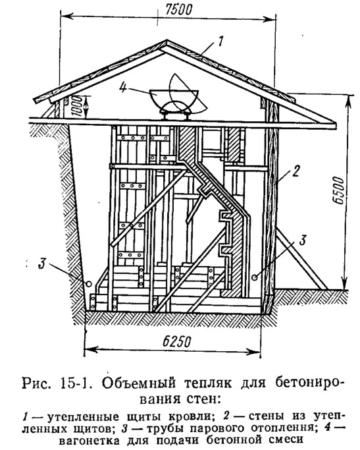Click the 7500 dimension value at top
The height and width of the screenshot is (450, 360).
[179, 9]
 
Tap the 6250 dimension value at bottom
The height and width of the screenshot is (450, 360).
[177, 341]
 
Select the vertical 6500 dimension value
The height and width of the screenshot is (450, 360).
[339, 190]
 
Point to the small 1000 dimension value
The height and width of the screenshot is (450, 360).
[77, 107]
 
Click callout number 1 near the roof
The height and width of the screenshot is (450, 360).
[220, 41]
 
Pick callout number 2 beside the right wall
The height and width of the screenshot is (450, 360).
[296, 171]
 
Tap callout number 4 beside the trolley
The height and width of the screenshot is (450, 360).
[122, 88]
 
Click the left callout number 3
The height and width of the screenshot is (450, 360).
[42, 264]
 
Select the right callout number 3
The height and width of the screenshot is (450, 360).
[303, 240]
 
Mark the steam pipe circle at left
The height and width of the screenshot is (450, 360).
[89, 283]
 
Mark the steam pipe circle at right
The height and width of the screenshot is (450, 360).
[255, 277]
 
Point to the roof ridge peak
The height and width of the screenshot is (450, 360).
[166, 41]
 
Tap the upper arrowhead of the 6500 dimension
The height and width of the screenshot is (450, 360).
[346, 99]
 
